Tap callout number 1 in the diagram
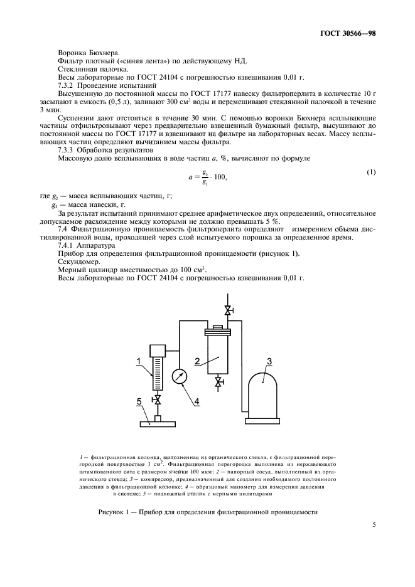(137, 360)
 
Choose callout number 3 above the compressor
(268, 361)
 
